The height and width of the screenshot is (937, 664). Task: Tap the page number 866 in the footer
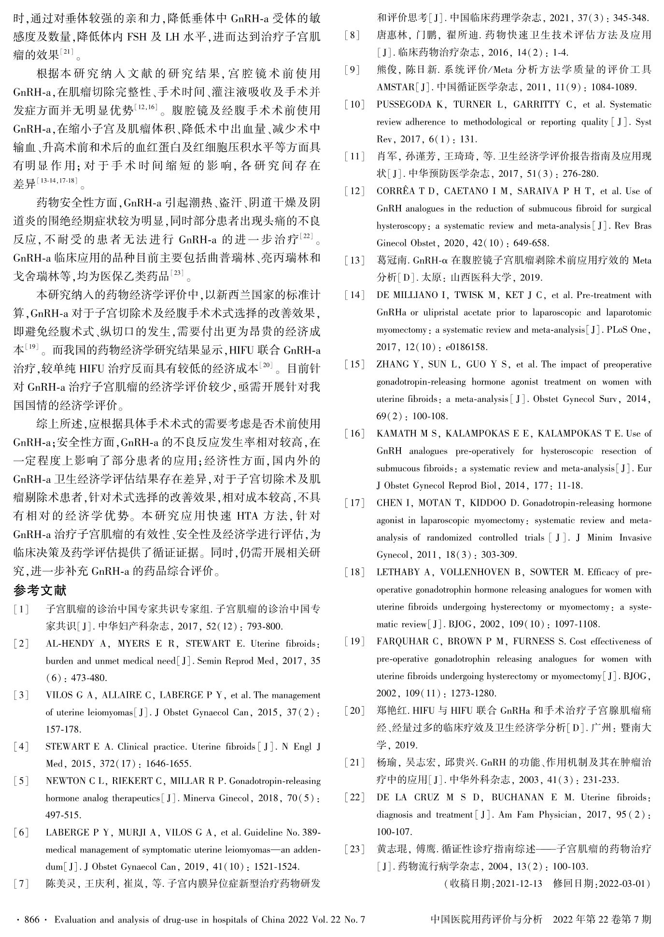tap(31, 920)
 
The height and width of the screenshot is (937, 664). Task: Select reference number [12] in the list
tap(354, 191)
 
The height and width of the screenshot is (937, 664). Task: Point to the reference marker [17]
tap(354, 503)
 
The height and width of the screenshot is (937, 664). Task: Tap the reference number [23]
tap(354, 849)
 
